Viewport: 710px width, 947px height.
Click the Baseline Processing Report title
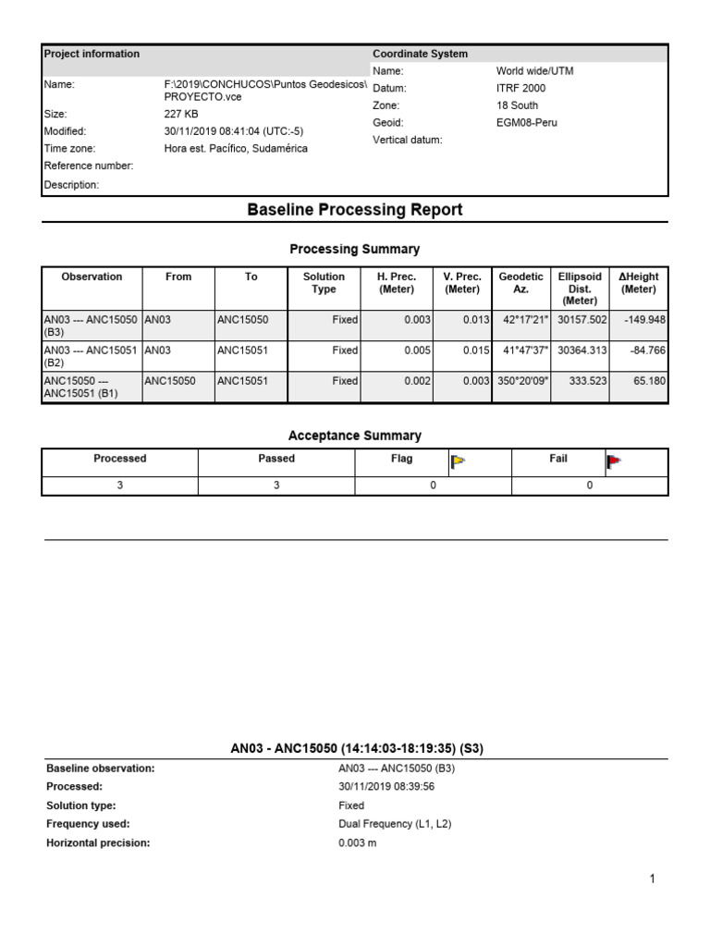click(x=355, y=210)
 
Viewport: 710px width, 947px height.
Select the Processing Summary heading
click(x=355, y=249)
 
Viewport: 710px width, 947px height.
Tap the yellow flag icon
click(x=458, y=461)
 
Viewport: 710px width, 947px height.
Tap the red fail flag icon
click(x=614, y=461)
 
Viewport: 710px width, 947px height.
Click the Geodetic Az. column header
click(x=520, y=283)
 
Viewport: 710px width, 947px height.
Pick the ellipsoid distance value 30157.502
click(x=581, y=320)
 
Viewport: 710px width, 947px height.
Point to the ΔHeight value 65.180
click(x=648, y=381)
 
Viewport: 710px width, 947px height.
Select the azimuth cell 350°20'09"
click(x=520, y=381)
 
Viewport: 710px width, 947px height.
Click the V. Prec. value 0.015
click(x=463, y=351)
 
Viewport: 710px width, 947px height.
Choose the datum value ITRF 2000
click(x=520, y=88)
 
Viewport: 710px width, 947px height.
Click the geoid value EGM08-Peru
click(x=527, y=122)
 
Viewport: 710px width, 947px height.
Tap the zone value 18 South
click(x=517, y=105)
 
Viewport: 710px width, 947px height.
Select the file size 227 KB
click(x=180, y=115)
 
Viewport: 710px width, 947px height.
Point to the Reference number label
click(x=89, y=166)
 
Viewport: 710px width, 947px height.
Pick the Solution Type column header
click(x=324, y=283)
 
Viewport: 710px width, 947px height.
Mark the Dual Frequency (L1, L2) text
click(x=395, y=824)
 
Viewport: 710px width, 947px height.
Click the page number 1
click(x=652, y=879)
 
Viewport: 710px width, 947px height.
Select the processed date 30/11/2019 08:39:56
click(x=386, y=786)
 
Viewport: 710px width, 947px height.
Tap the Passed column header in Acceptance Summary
click(x=276, y=459)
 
